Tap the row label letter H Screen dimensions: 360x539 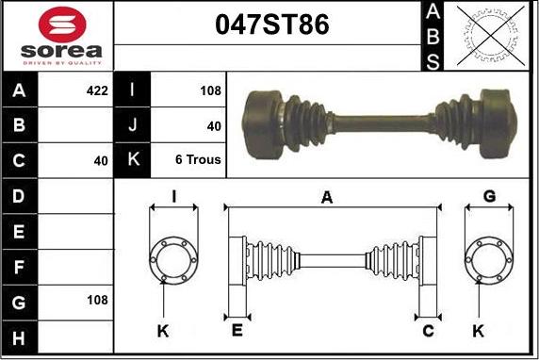coord(20,337)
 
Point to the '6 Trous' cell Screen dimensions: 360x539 coord(198,160)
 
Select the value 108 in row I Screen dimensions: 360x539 coord(210,91)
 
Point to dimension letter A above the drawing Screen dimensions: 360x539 coord(327,197)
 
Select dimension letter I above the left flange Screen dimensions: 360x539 coord(174,197)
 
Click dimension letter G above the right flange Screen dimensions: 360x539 coord(489,196)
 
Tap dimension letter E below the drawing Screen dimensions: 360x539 coord(236,330)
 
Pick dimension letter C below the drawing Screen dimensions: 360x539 coord(427,330)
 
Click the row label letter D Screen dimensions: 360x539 coord(20,196)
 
